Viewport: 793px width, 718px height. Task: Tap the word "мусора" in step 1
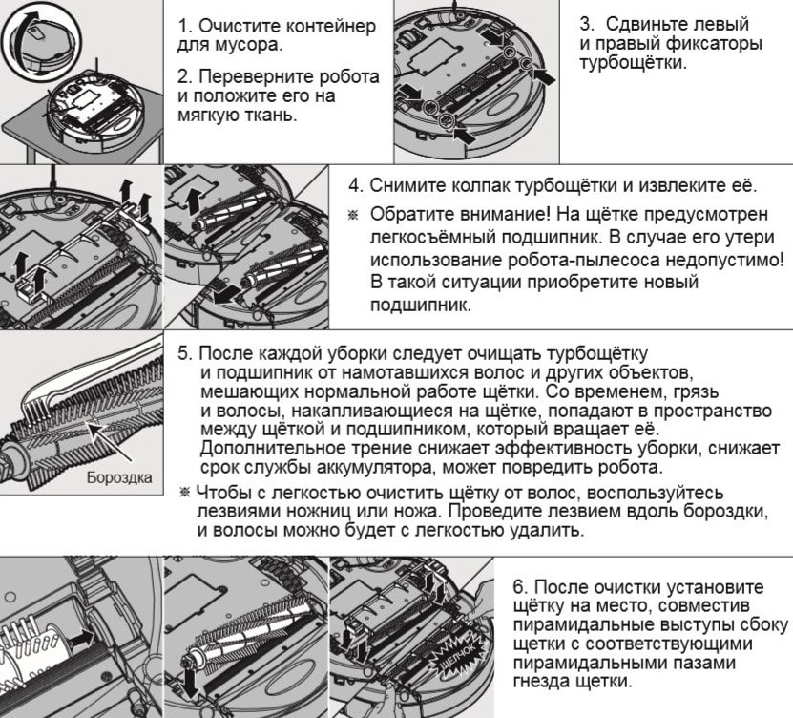[x=236, y=45]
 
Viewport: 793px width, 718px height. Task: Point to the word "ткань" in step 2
[x=265, y=116]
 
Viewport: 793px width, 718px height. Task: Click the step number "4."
[x=354, y=184]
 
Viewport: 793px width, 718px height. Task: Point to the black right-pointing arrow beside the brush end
[x=81, y=636]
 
